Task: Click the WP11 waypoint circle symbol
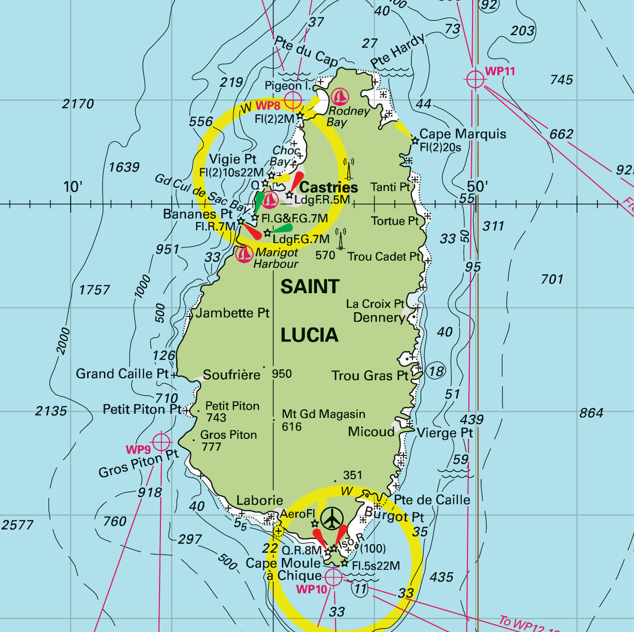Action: tap(475, 79)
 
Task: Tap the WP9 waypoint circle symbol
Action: tap(161, 442)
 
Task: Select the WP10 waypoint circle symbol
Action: tap(334, 577)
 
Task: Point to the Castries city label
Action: tap(328, 187)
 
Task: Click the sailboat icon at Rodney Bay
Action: tap(340, 97)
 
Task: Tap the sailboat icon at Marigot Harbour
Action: tap(244, 254)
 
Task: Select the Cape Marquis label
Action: tap(463, 134)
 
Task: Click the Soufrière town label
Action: tap(232, 375)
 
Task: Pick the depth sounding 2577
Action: tap(18, 525)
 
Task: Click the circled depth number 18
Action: tap(436, 371)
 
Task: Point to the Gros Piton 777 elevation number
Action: tap(211, 447)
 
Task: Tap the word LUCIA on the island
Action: tap(309, 335)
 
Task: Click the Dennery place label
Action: tap(379, 317)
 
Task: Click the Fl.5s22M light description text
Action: tap(376, 566)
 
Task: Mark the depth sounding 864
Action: tap(591, 413)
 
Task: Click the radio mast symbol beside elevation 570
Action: tap(340, 239)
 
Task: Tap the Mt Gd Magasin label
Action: tap(324, 414)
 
